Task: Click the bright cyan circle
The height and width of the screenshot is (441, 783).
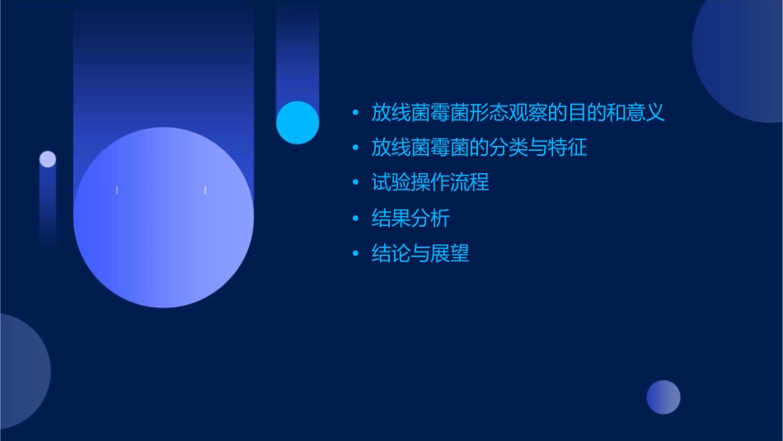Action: click(x=298, y=123)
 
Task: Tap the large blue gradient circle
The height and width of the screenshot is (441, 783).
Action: click(x=163, y=218)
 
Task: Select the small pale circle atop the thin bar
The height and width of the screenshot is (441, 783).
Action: click(x=48, y=159)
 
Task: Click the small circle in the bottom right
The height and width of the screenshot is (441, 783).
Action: click(x=663, y=397)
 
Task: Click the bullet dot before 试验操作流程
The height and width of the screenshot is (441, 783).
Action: click(x=355, y=182)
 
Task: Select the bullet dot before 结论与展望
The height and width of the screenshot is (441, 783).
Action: click(x=355, y=254)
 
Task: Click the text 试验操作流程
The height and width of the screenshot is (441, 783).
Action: click(x=430, y=182)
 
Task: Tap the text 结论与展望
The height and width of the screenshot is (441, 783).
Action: click(x=420, y=254)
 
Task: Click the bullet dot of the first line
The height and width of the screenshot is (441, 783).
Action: click(x=355, y=112)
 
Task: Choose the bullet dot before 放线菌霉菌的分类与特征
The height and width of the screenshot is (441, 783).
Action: click(x=355, y=148)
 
